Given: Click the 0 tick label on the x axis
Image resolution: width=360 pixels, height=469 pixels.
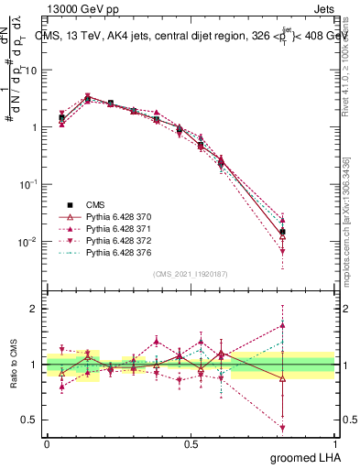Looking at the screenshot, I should pyautogui.click(x=47, y=443).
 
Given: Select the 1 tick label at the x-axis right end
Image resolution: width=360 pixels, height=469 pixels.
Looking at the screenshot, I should pyautogui.click(x=333, y=443).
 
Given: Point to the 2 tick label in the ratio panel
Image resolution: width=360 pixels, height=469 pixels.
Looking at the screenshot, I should pyautogui.click(x=35, y=309).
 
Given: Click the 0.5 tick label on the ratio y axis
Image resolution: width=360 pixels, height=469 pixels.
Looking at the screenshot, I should pyautogui.click(x=30, y=420).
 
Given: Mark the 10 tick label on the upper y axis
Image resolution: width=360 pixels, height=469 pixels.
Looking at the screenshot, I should pyautogui.click(x=32, y=70).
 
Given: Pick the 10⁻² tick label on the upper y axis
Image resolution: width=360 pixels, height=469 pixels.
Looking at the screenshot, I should pyautogui.click(x=30, y=242).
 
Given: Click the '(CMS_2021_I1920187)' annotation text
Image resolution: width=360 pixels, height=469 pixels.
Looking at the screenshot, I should pyautogui.click(x=190, y=274).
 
